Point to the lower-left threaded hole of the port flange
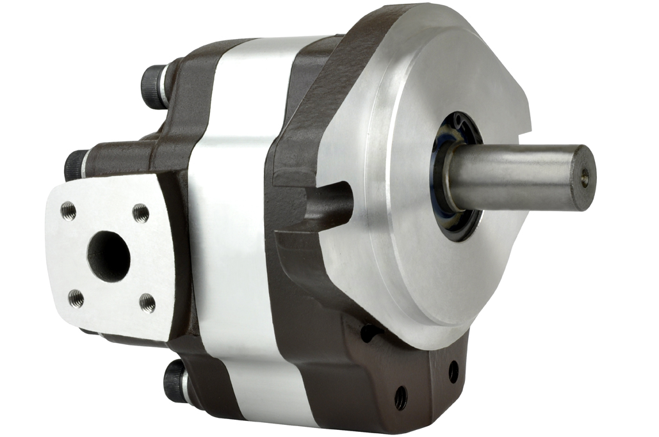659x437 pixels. (76, 298)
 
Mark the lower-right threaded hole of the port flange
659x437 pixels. (147, 301)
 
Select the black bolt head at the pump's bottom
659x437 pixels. (174, 380)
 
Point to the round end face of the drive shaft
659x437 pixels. (583, 178)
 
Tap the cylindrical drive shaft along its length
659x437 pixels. (512, 175)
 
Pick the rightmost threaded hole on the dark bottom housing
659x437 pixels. (453, 372)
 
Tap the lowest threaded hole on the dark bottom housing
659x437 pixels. (401, 398)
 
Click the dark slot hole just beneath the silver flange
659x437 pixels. (369, 332)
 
